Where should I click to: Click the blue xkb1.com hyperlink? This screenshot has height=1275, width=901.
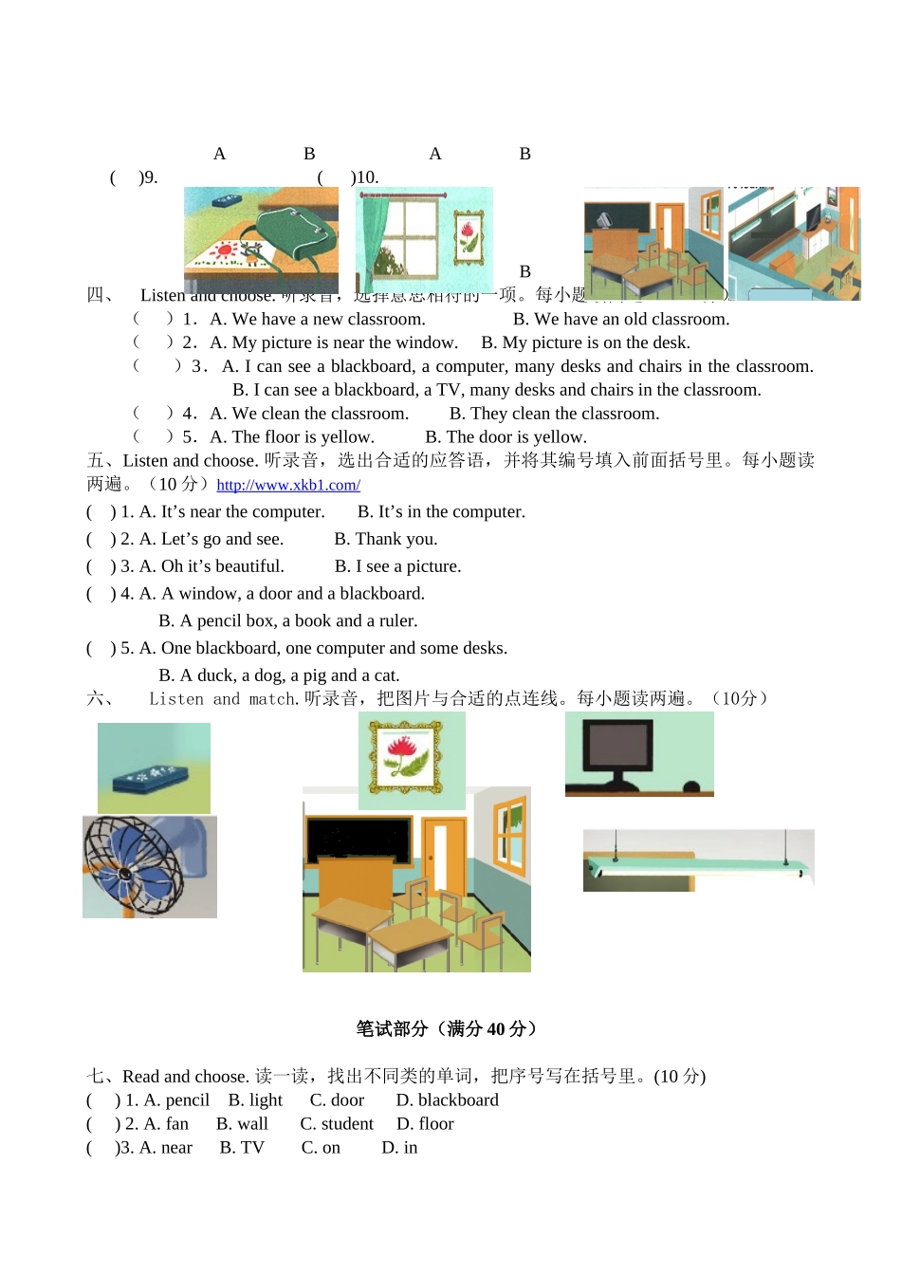pyautogui.click(x=288, y=486)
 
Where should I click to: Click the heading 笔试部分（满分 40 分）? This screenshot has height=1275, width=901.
pyautogui.click(x=448, y=1029)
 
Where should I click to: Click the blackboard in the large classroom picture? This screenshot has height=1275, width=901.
pyautogui.click(x=358, y=839)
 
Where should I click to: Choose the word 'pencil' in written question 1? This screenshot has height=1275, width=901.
pyautogui.click(x=187, y=1100)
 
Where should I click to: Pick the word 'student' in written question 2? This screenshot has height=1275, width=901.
pyautogui.click(x=347, y=1124)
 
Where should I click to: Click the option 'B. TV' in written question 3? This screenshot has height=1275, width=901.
pyautogui.click(x=242, y=1148)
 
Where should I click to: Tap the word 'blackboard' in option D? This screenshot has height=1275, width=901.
pyautogui.click(x=458, y=1100)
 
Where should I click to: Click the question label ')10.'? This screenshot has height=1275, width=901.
pyautogui.click(x=364, y=177)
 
